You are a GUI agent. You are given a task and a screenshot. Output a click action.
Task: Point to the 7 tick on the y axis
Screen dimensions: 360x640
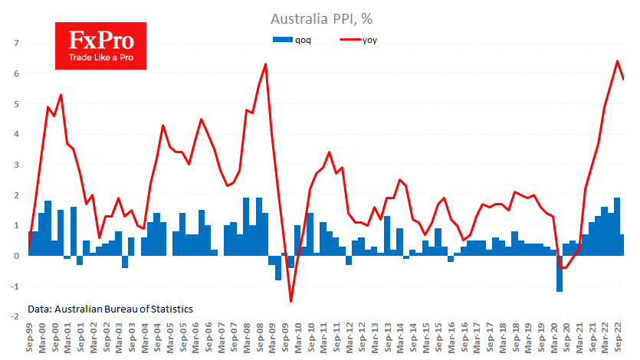coord(15,43)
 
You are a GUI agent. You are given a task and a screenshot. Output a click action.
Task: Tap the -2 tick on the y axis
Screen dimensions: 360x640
coord(14,316)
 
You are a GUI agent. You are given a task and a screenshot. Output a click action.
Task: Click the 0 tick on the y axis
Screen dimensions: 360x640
coord(15,256)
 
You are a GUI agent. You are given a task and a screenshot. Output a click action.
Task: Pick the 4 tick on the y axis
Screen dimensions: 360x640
coord(15,134)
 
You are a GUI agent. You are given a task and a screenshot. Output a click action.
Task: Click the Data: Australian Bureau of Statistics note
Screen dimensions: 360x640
coord(110,309)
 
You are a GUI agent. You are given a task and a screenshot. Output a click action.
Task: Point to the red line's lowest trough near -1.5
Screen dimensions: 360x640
coord(291,300)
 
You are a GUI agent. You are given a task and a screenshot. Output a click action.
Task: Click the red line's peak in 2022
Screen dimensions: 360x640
coord(618,61)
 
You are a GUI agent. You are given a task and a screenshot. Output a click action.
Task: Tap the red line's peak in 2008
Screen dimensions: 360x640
coord(265,64)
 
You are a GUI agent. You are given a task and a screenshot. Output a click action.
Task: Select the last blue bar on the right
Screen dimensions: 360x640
coord(622,245)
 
